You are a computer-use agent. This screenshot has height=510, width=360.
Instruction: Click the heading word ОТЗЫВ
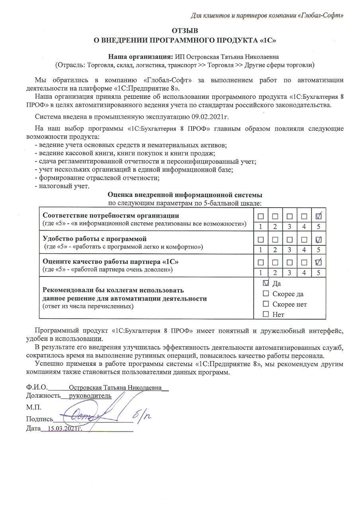click(x=184, y=31)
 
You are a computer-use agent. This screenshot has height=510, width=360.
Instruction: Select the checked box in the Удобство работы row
click(x=318, y=240)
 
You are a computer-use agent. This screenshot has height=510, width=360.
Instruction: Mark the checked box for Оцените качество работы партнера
click(x=318, y=263)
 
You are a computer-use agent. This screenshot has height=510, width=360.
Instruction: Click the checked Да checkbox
click(x=266, y=283)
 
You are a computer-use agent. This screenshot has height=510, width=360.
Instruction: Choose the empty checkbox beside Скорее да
click(x=266, y=294)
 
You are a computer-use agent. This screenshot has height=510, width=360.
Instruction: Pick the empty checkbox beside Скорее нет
click(x=266, y=304)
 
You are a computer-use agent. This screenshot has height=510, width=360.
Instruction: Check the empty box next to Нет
click(x=266, y=315)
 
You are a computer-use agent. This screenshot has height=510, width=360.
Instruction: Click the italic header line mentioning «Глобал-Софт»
click(x=266, y=16)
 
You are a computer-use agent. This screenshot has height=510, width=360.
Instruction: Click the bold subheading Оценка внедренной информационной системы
click(x=185, y=195)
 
